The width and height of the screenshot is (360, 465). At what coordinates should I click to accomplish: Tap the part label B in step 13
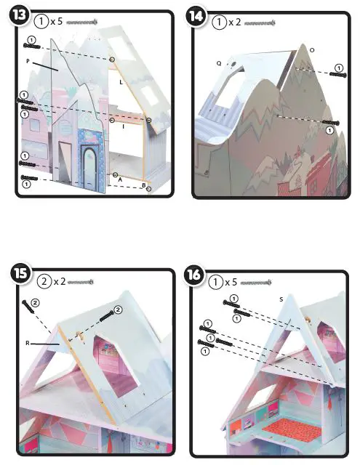pos(143,186)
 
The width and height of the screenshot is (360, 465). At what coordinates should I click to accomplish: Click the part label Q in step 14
pos(218,64)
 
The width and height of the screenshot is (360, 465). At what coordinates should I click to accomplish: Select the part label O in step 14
pos(312,50)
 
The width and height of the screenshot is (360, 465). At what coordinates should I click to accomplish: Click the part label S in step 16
pos(280,298)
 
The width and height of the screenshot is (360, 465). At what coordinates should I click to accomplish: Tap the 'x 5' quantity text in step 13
pos(57,23)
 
